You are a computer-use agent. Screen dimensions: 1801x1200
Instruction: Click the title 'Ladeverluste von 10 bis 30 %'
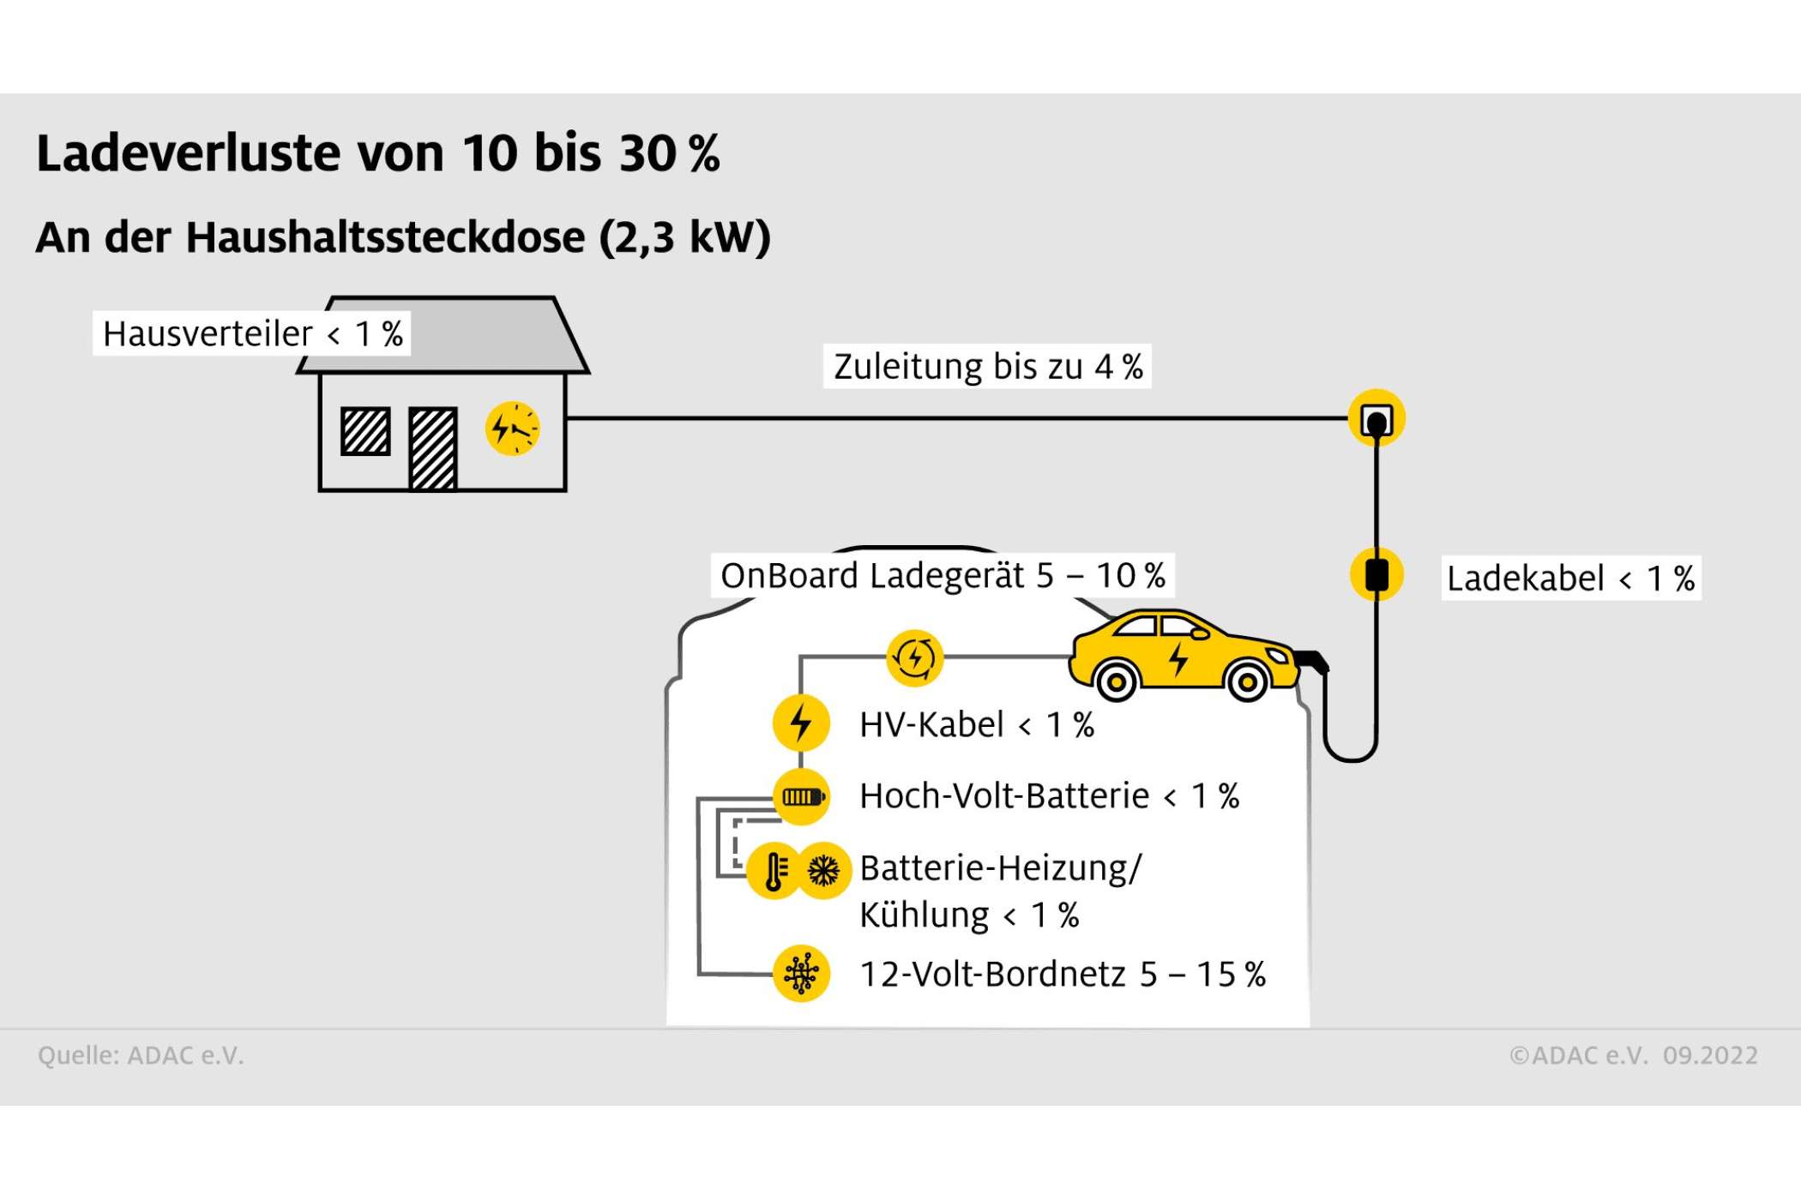point(377,154)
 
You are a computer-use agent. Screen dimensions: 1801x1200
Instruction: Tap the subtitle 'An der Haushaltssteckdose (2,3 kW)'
point(403,237)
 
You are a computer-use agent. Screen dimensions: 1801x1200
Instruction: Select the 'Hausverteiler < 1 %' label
point(252,333)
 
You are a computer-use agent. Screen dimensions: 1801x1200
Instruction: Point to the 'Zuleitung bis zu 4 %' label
point(987,367)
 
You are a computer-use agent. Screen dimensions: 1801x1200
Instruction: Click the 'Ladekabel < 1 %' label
point(1570,579)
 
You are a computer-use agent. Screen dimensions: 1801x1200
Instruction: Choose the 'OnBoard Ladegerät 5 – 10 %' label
point(943,575)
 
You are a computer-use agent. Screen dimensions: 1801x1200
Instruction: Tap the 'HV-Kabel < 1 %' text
point(977,725)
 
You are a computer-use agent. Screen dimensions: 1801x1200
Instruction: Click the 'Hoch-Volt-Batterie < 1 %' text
point(1049,796)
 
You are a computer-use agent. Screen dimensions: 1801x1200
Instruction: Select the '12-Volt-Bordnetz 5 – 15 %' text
point(1063,975)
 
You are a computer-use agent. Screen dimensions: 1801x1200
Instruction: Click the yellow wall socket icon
point(1376,418)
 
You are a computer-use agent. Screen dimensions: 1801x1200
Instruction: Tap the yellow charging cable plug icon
point(1376,574)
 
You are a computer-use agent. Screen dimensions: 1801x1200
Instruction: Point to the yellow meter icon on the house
point(513,429)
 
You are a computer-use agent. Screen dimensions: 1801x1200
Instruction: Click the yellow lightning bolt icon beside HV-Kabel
point(801,723)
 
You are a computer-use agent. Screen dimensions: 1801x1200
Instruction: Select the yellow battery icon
point(801,797)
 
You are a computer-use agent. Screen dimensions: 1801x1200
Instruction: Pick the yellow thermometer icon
point(774,872)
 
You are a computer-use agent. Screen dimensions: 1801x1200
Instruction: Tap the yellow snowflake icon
point(824,872)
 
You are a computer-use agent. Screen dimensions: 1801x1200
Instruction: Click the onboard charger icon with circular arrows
point(914,658)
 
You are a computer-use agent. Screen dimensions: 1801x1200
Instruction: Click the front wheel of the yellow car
point(1248,682)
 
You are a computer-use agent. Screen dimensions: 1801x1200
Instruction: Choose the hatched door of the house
point(433,448)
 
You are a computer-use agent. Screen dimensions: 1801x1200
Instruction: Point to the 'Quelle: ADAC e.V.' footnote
point(141,1055)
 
